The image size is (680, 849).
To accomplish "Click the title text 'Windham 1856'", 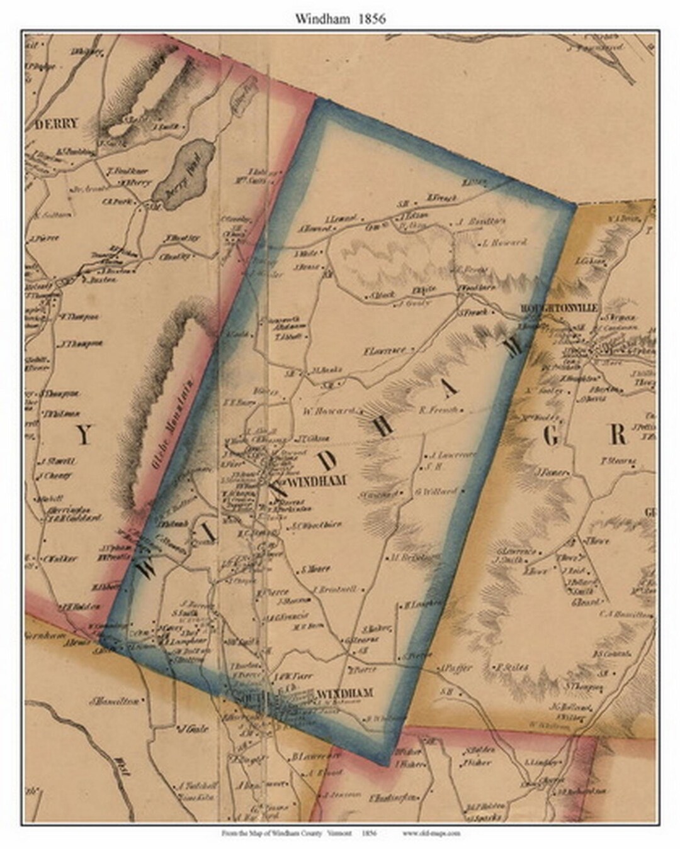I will pos(340,18).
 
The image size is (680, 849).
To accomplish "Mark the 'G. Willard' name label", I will pos(435,491).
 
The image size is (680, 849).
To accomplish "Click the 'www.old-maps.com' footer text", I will pos(431,833).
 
